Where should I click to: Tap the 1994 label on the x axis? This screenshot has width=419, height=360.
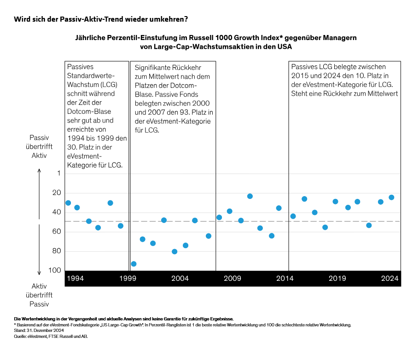tap(75, 279)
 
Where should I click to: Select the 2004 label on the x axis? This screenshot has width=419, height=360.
tap(180, 279)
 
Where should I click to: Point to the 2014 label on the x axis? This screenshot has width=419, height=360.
tap(285, 279)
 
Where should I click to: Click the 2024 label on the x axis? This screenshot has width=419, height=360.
tap(390, 279)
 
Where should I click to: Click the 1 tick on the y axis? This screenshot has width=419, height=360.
tap(58, 174)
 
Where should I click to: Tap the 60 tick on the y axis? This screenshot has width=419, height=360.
tap(56, 232)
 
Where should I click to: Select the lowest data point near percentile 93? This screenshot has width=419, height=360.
tap(134, 264)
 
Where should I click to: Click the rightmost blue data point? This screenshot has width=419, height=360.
tap(391, 197)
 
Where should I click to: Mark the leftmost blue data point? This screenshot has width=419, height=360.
tap(68, 203)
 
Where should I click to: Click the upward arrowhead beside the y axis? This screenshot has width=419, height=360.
tap(40, 171)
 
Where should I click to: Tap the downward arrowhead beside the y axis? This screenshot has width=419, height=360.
tap(40, 273)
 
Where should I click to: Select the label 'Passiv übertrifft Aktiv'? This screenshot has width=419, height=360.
tap(39, 146)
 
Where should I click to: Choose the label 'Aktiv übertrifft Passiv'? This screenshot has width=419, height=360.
tap(39, 295)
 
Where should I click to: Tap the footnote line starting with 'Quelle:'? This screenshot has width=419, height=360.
tap(51, 337)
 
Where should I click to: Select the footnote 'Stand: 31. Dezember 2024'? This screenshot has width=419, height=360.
tap(39, 331)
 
